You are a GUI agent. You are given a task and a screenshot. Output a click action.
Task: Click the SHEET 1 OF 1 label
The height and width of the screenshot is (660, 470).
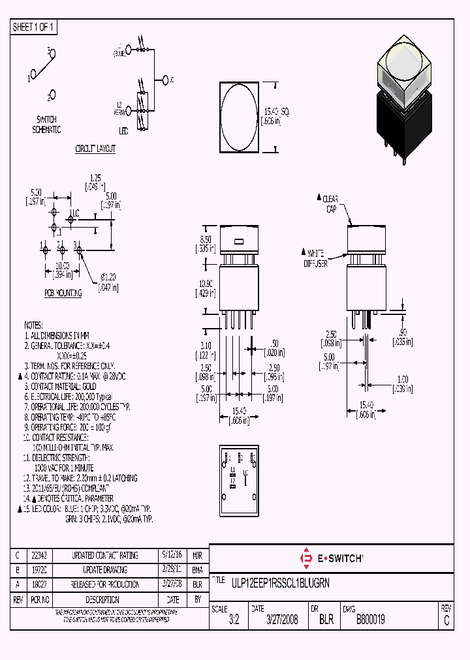pos(34,27)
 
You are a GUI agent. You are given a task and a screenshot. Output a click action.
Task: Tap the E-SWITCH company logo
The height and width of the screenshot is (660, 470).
pos(331,558)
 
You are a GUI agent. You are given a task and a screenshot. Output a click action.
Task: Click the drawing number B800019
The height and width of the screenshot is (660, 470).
pos(370,620)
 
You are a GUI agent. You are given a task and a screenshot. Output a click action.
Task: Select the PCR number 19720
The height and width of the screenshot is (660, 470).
pos(39,570)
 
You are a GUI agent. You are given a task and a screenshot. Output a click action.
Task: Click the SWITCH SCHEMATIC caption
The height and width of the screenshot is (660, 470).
pos(46,125)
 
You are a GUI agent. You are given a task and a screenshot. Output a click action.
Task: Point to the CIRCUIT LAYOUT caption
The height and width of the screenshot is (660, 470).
pos(95,149)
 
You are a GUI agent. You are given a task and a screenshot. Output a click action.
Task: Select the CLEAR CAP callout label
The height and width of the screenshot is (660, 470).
pos(330,203)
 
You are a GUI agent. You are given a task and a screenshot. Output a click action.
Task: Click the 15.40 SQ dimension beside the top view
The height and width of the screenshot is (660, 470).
pos(275,117)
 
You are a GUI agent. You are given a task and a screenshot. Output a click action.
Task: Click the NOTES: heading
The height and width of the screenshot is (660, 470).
pos(33,325)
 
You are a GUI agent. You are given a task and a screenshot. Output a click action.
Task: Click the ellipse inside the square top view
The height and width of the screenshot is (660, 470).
pos(240,117)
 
